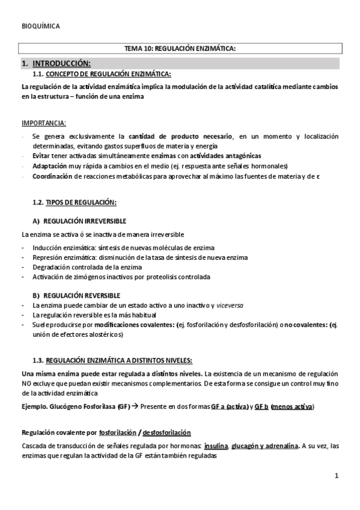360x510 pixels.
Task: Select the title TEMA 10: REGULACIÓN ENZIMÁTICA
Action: tap(180, 49)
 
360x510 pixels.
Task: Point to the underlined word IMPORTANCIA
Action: tap(44, 124)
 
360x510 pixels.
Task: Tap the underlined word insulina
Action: tap(216, 446)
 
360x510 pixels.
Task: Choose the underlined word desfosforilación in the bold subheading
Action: tap(165, 432)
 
